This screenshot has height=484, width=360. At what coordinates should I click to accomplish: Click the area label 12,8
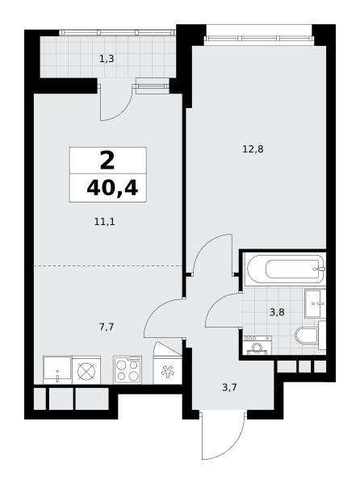pos(253,150)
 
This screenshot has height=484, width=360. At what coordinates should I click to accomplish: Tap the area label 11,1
pos(105,222)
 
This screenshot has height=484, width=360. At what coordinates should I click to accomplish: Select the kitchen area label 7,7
pos(107,327)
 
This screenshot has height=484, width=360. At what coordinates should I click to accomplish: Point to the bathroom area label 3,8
pos(277,312)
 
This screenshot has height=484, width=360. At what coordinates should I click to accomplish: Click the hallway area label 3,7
pos(229,387)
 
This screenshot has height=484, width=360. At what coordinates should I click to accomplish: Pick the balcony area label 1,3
pos(107,59)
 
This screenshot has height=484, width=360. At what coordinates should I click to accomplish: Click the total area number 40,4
pos(112,188)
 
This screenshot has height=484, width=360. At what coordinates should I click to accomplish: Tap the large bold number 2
pos(107,161)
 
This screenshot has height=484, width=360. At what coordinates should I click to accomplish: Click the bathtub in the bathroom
pos(285,269)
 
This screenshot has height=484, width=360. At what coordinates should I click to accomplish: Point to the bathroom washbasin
pos(316,303)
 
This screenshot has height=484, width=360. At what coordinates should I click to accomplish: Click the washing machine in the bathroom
pos(257,345)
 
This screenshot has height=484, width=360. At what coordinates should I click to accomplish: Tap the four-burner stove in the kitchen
pos(128,369)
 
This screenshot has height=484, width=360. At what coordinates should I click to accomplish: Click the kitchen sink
pos(57,370)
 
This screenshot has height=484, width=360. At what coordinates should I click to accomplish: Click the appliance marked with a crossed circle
pos(86,370)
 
